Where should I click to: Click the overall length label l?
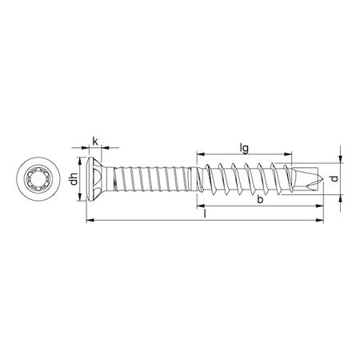point(206,214)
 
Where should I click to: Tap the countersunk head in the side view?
point(98,178)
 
